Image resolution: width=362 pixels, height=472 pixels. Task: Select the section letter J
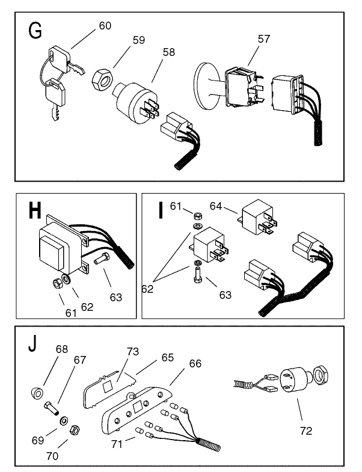(x=33, y=347)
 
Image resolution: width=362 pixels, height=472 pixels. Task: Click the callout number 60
(x=105, y=26)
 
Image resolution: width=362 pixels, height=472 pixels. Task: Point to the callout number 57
(x=264, y=39)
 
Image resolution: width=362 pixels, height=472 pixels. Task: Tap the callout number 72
(x=305, y=431)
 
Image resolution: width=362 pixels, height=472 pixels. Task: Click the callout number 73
(x=133, y=351)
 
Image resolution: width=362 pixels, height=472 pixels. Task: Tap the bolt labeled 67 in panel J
(x=53, y=411)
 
